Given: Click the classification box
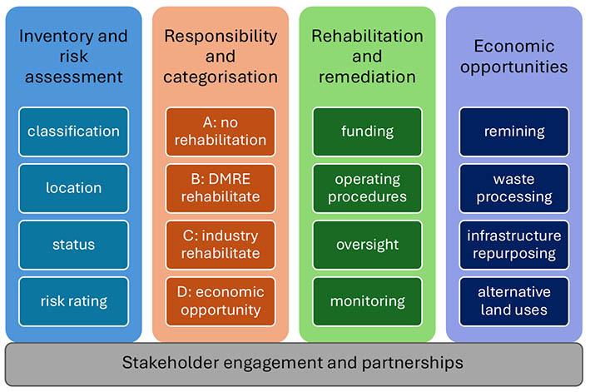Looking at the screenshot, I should [x=73, y=131].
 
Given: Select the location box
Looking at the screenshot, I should [x=73, y=188].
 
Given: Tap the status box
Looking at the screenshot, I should [x=73, y=245].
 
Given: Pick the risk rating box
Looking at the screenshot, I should [x=73, y=301].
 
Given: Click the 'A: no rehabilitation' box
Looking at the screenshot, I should [x=221, y=131].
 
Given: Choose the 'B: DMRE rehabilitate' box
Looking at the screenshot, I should [x=221, y=188].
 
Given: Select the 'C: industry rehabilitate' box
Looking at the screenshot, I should [x=221, y=245].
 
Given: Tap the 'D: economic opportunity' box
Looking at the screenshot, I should [x=221, y=301].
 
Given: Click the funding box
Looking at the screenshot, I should [x=367, y=131].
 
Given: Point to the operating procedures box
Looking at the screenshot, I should [x=367, y=188].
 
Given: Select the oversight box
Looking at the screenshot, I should [x=367, y=245].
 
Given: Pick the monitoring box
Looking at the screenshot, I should [x=367, y=301].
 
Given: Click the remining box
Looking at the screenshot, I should [x=513, y=131].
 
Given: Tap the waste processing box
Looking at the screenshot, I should [x=513, y=188].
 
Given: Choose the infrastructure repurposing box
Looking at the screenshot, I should [x=513, y=245].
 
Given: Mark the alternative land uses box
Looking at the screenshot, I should [x=513, y=301].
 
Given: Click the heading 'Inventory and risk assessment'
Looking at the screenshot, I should [x=73, y=57].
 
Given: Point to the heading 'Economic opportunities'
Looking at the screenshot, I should [x=513, y=56].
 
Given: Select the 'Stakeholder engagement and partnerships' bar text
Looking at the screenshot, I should [x=293, y=363].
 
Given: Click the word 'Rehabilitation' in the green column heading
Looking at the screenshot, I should [x=367, y=36].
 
